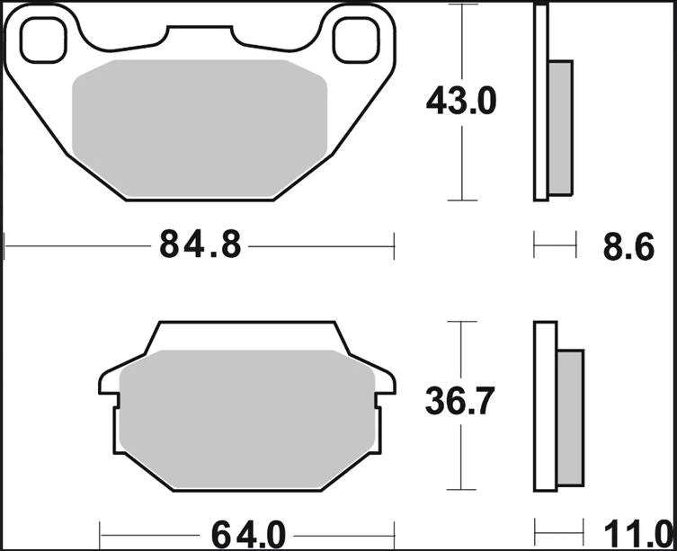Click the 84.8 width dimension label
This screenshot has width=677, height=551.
(x=200, y=244)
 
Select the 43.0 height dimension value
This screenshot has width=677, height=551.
(x=460, y=102)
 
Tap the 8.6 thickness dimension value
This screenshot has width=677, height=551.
(x=628, y=245)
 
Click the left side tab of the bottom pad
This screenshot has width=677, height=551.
(x=107, y=382)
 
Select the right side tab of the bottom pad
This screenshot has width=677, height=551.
(x=385, y=382)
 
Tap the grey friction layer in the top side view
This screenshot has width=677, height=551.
(x=559, y=126)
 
